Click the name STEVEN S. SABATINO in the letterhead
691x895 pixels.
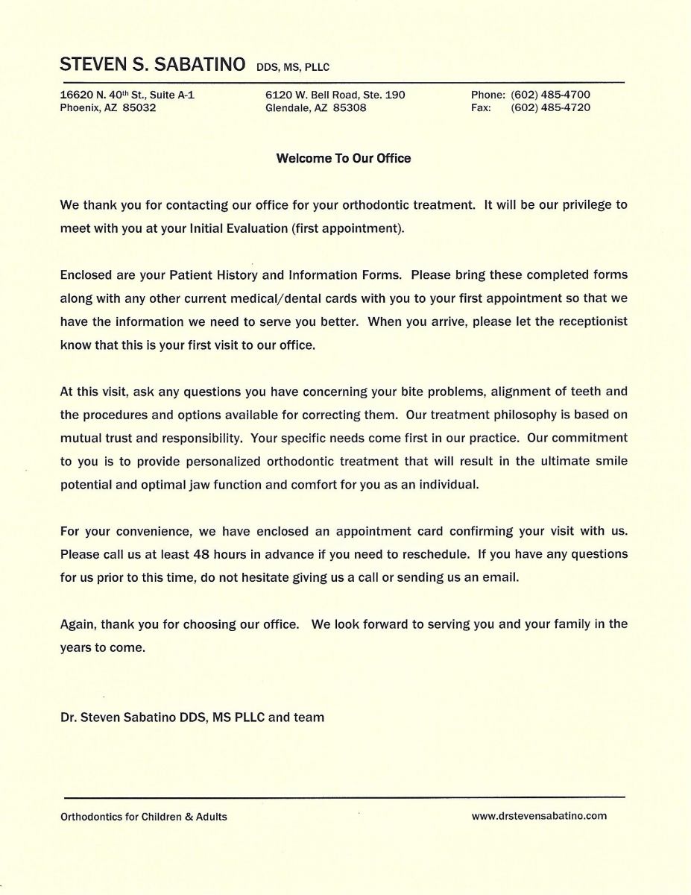[x=152, y=65]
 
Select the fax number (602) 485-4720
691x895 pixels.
[x=550, y=107]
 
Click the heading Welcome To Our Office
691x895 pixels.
[x=344, y=158]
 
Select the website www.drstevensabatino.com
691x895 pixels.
[x=539, y=816]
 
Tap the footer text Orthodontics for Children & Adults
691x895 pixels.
[x=144, y=817]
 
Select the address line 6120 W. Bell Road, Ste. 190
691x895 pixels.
[x=335, y=95]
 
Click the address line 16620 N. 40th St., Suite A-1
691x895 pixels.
[x=127, y=95]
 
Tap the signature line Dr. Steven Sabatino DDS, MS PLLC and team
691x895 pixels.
[x=192, y=717]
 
